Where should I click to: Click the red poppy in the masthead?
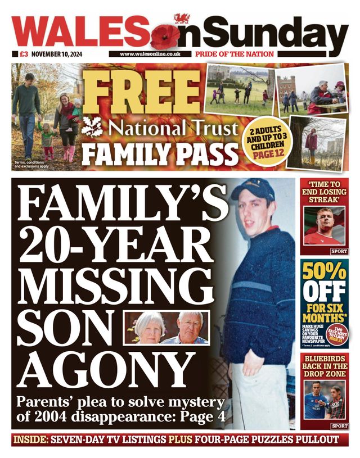click(x=165, y=35)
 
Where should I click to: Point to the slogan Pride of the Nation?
click(x=235, y=55)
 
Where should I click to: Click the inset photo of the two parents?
click(x=166, y=328)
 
